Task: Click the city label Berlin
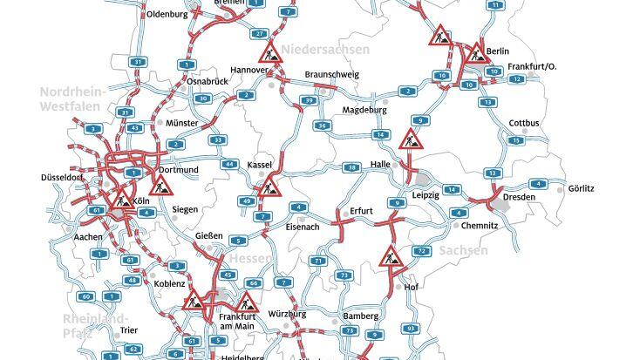498,52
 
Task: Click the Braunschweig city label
331,75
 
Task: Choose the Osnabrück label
207,81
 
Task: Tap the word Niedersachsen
325,50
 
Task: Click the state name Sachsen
463,251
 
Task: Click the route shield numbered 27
259,33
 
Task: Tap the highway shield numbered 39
308,101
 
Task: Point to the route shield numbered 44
229,164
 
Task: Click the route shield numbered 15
517,140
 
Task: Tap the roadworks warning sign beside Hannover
271,51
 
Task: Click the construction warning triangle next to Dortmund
160,185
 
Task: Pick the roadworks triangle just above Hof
389,257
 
